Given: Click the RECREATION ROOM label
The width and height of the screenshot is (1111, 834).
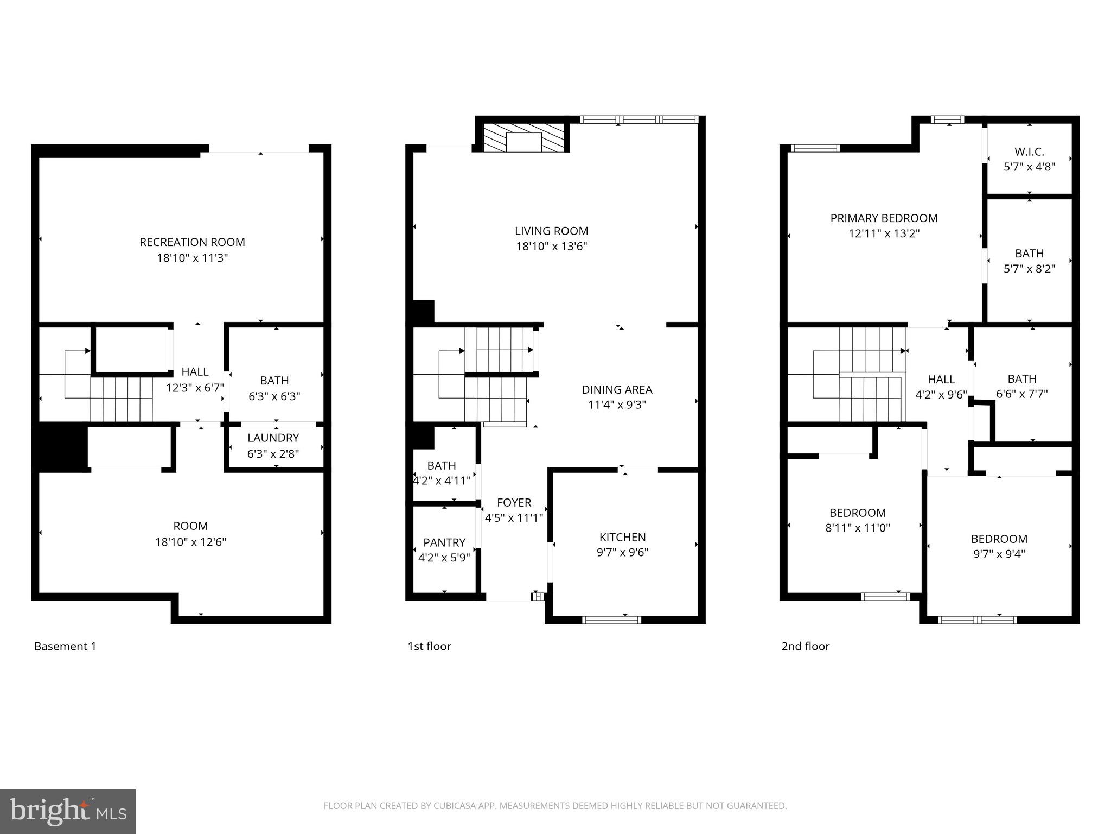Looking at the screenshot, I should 192,242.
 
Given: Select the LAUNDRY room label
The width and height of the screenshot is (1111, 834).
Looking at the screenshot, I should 273,438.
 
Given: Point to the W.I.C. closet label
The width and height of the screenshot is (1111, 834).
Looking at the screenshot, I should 1029,152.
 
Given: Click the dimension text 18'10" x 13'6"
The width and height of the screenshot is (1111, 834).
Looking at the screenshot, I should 551,247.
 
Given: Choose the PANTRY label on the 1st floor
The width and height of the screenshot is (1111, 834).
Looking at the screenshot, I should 444,542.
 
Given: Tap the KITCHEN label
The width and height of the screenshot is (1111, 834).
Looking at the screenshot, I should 622,537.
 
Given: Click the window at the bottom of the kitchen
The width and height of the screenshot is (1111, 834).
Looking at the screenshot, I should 611,620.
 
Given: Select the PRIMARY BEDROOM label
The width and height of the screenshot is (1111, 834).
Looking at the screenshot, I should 884,218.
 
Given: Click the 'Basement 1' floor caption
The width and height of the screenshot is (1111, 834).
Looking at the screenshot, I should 65,646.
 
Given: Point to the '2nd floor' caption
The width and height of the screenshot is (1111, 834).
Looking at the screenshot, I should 805,646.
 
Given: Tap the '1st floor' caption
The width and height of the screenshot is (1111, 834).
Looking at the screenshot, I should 429,646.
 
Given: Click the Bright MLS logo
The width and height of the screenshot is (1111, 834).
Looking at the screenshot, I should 68,811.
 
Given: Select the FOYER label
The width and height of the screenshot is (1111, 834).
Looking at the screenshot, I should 514,503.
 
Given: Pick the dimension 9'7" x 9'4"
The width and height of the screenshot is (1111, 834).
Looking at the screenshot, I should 999,554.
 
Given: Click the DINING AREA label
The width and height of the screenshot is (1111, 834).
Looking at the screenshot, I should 617,389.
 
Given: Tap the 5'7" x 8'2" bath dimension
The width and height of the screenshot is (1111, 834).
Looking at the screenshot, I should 1029,269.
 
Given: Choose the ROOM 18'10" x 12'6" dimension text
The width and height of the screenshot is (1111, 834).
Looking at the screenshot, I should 190,542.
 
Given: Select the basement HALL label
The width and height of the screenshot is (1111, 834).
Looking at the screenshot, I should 195,372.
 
